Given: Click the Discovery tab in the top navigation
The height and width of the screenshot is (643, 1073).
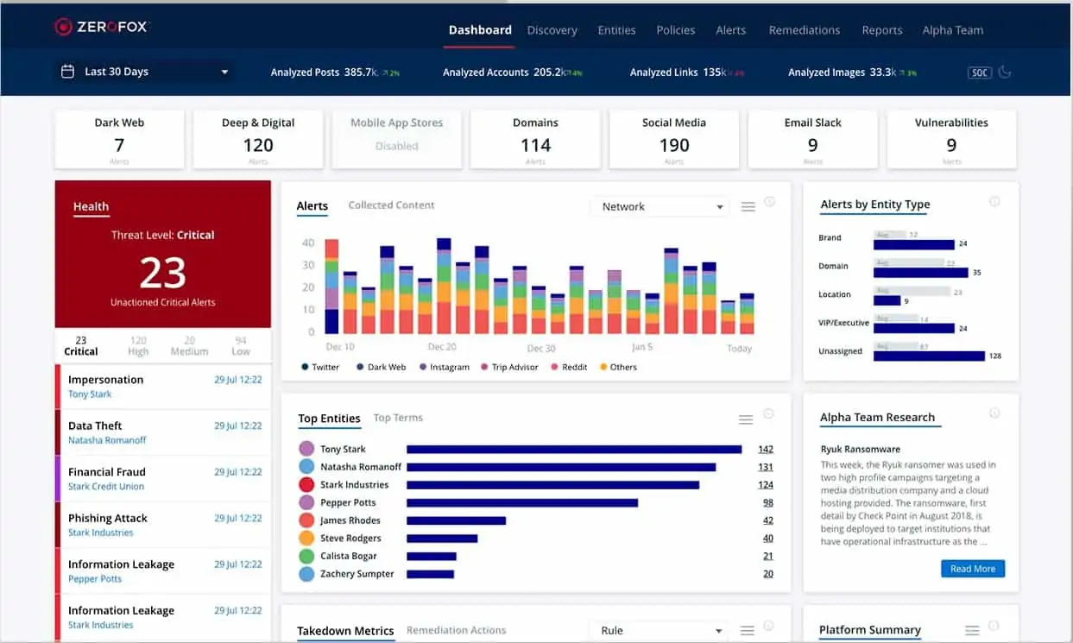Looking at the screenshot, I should [552, 30].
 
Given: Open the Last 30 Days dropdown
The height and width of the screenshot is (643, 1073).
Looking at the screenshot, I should [145, 72].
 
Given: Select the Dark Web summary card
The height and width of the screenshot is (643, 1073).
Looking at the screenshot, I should [119, 138].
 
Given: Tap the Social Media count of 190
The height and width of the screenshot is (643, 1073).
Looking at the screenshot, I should [674, 146].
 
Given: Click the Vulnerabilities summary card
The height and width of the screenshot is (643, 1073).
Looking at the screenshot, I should [951, 138].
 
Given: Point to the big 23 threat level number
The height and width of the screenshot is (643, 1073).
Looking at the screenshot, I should [162, 274].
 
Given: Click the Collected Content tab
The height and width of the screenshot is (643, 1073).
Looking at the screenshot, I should [391, 205].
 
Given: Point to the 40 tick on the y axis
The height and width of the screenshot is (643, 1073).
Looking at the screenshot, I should [308, 243].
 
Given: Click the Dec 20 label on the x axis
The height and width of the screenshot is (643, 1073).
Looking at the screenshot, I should [442, 347].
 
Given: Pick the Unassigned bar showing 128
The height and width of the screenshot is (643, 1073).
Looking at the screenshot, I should [929, 356].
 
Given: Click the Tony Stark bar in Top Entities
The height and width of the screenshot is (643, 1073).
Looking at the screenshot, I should [574, 449].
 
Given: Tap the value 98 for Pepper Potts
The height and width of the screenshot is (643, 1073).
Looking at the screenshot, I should [767, 502].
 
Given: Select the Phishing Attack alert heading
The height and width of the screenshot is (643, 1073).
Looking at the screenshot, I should [108, 518].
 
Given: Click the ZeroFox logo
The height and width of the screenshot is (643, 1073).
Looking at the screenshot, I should [102, 27].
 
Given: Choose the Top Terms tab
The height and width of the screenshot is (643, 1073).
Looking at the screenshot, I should [398, 418].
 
